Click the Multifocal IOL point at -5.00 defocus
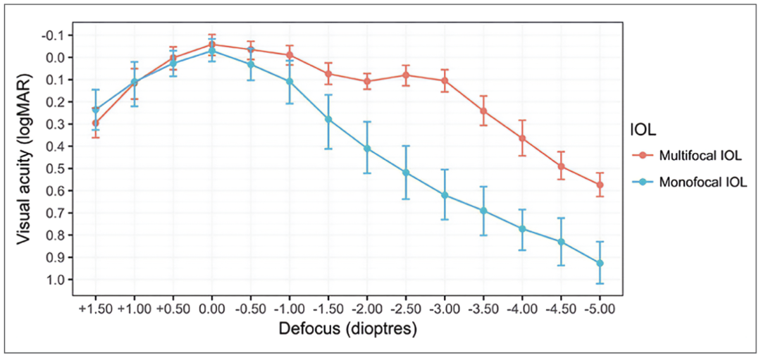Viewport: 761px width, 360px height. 600,185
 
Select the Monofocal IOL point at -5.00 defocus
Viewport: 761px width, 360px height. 600,263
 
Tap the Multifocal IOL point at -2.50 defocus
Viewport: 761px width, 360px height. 406,75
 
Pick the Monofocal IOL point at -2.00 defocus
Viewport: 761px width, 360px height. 367,148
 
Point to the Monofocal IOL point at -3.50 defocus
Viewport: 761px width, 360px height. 483,211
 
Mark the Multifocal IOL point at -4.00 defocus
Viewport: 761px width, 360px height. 522,138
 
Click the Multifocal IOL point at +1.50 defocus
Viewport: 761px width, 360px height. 95,123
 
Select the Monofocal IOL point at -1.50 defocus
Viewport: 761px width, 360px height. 328,119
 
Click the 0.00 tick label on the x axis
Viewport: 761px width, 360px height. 211,309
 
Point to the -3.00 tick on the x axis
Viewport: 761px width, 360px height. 445,309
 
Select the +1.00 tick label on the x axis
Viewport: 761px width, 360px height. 134,309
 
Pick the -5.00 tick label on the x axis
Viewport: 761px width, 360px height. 600,309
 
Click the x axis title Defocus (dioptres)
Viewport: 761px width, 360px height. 347,329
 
